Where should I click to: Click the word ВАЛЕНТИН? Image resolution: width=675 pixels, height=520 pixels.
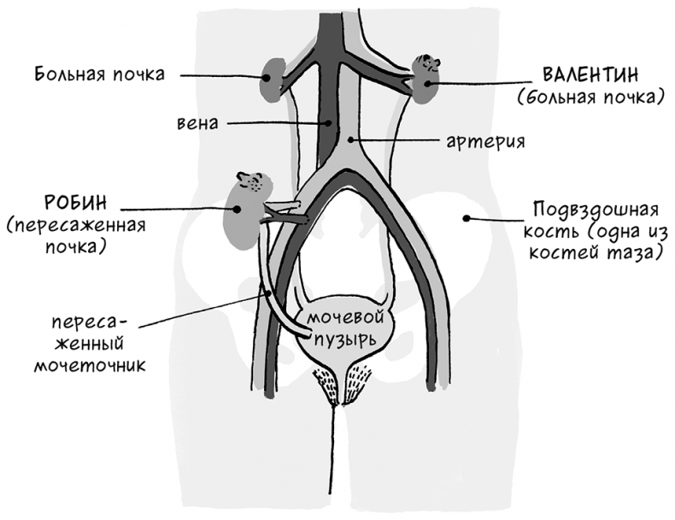[x=589, y=73]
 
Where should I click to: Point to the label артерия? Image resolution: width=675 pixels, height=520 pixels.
[x=484, y=138]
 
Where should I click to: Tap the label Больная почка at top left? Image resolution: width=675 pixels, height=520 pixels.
[x=100, y=73]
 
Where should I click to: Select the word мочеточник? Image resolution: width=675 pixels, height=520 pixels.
[x=89, y=365]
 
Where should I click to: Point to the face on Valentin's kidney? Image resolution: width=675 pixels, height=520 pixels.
[x=426, y=63]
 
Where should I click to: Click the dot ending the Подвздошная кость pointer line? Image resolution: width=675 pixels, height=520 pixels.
[x=466, y=218]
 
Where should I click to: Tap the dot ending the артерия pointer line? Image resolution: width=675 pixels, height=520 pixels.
[x=351, y=138]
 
